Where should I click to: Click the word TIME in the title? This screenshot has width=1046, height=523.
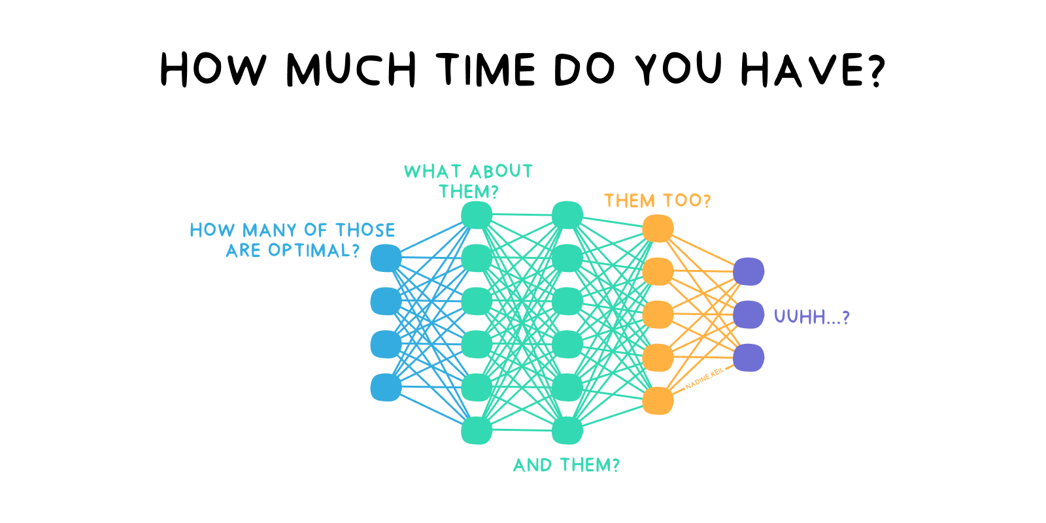[x=487, y=69]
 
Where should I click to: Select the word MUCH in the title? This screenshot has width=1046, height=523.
[x=351, y=69]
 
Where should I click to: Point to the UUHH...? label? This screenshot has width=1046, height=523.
[x=811, y=317]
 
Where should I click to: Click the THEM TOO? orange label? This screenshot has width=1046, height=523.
[x=657, y=201]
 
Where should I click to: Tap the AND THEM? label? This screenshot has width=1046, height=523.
[x=566, y=465]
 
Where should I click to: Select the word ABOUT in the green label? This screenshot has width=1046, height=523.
[x=501, y=171]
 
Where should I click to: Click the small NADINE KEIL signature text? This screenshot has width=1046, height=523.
[x=704, y=379]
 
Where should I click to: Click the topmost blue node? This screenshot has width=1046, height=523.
[x=386, y=258]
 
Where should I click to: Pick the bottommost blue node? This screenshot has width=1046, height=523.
[x=386, y=387]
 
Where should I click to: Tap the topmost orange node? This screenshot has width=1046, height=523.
[x=658, y=228]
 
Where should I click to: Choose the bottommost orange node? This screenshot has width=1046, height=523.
[x=658, y=401]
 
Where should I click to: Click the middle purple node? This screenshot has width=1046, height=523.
[x=749, y=314]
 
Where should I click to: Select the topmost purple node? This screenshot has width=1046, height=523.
[x=749, y=271]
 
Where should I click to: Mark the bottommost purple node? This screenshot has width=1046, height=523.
[x=749, y=358]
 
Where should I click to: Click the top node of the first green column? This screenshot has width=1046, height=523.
[x=477, y=215]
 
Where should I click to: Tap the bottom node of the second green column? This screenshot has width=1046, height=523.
[x=567, y=430]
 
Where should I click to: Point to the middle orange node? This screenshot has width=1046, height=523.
[x=658, y=314]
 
